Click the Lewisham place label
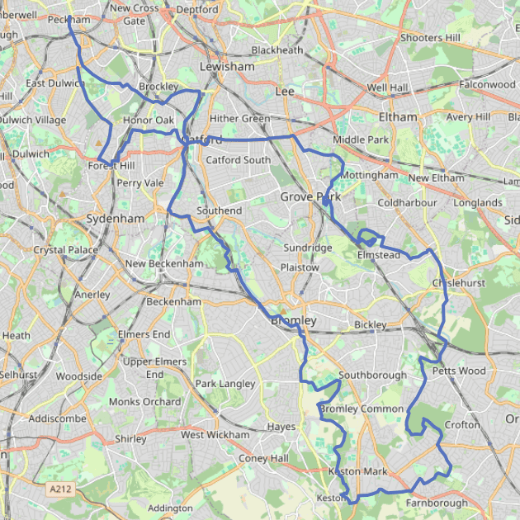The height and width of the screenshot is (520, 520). [227, 66]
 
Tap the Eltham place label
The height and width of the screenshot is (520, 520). [398, 116]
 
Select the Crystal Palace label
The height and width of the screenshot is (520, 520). [65, 250]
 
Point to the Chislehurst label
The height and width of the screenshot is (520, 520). [458, 283]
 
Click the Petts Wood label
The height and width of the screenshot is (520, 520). [459, 371]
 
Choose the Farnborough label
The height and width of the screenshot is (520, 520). [437, 503]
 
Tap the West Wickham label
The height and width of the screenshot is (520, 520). [215, 435]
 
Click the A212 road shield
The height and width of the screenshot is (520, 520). [59, 489]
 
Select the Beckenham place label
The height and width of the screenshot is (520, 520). [173, 302]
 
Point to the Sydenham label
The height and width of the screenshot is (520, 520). [116, 219]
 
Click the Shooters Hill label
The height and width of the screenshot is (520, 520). [429, 38]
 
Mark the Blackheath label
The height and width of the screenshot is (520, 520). [277, 50]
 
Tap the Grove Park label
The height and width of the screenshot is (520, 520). [310, 196]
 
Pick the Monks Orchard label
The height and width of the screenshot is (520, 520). [145, 402]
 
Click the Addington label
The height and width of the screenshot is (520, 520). [170, 508]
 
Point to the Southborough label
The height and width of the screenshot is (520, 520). [372, 376]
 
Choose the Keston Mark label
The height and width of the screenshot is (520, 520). [357, 472]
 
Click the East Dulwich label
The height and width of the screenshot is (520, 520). [55, 83]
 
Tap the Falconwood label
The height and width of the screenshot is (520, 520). [487, 84]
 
